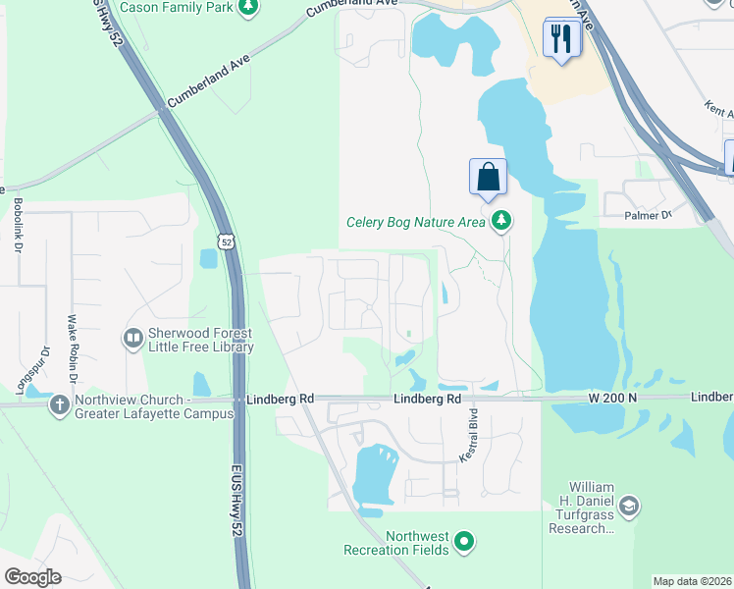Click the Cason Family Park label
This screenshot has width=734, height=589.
pyautogui.click(x=177, y=8)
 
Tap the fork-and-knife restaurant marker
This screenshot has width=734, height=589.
pyautogui.click(x=561, y=39)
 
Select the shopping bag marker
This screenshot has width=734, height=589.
pyautogui.click(x=488, y=178)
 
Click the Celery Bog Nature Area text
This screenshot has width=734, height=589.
pyautogui.click(x=416, y=222)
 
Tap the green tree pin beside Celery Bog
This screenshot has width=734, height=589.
pyautogui.click(x=502, y=220)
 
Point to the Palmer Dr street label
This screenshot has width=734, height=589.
pyautogui.click(x=649, y=214)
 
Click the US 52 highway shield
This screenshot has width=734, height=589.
pyautogui.click(x=227, y=241)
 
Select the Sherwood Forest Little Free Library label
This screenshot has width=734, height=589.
pyautogui.click(x=201, y=340)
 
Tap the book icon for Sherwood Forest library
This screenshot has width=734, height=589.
pyautogui.click(x=133, y=339)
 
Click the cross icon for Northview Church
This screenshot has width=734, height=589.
pyautogui.click(x=59, y=404)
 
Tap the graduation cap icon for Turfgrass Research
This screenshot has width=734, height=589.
pyautogui.click(x=629, y=507)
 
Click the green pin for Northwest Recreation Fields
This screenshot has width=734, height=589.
pyautogui.click(x=465, y=541)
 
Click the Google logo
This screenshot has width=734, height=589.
pyautogui.click(x=32, y=577)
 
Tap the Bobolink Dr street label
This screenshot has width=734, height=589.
pyautogui.click(x=19, y=226)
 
